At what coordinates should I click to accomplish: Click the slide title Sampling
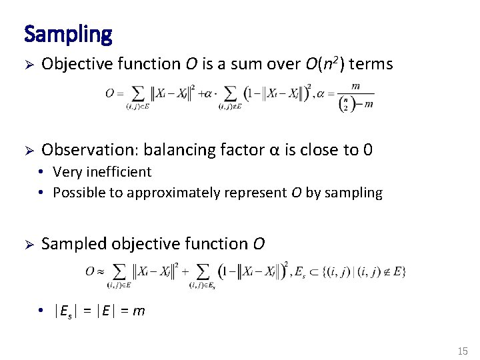[68, 33]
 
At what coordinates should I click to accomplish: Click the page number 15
[463, 351]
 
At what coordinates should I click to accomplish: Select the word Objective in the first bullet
[72, 64]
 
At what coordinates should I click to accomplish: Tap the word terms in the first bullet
[371, 64]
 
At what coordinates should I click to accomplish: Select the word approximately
[174, 193]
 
